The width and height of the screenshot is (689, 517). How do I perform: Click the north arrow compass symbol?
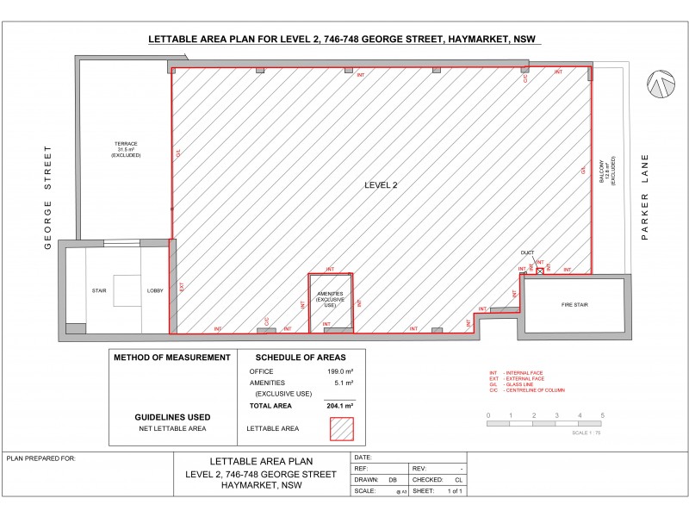(662, 84)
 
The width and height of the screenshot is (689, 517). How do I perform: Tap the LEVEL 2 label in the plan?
(381, 184)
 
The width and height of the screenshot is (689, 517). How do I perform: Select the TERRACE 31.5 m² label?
(127, 149)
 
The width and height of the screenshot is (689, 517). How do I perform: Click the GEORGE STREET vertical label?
(48, 196)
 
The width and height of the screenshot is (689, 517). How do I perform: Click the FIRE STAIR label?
(574, 305)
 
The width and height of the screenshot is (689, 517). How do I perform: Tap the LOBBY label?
(155, 291)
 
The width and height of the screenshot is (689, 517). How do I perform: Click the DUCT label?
(528, 253)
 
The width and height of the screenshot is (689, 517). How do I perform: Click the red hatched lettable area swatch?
(342, 427)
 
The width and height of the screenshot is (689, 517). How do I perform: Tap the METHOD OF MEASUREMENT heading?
(172, 358)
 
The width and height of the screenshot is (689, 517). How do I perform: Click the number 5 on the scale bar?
(603, 415)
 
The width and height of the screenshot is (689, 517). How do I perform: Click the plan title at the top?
(344, 40)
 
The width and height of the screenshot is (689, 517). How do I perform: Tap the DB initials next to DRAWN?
(393, 479)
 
